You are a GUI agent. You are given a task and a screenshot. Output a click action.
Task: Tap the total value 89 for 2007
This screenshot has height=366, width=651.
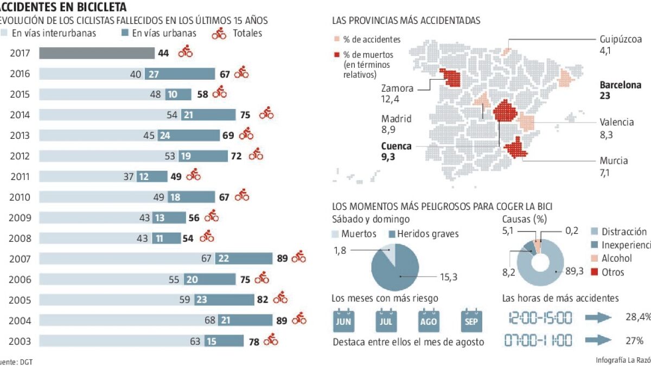(x=282, y=259)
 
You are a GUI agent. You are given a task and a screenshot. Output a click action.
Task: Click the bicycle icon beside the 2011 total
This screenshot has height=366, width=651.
(x=194, y=176)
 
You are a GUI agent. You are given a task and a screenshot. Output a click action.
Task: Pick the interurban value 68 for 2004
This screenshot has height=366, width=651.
(x=210, y=320)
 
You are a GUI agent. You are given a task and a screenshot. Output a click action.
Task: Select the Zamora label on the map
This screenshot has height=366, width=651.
(x=397, y=88)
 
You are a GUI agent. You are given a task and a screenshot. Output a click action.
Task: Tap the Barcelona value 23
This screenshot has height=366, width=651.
(x=605, y=95)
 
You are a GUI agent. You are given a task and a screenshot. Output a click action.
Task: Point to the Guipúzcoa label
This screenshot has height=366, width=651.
(x=621, y=40)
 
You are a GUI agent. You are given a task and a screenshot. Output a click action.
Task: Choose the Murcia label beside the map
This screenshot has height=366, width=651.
(x=614, y=160)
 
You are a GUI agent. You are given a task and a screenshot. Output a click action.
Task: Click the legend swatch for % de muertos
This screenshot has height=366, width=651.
(x=337, y=55)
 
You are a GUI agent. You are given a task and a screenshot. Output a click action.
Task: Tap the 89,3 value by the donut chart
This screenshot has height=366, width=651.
(x=575, y=271)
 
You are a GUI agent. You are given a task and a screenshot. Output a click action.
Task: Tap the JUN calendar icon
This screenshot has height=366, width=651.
(x=343, y=320)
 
